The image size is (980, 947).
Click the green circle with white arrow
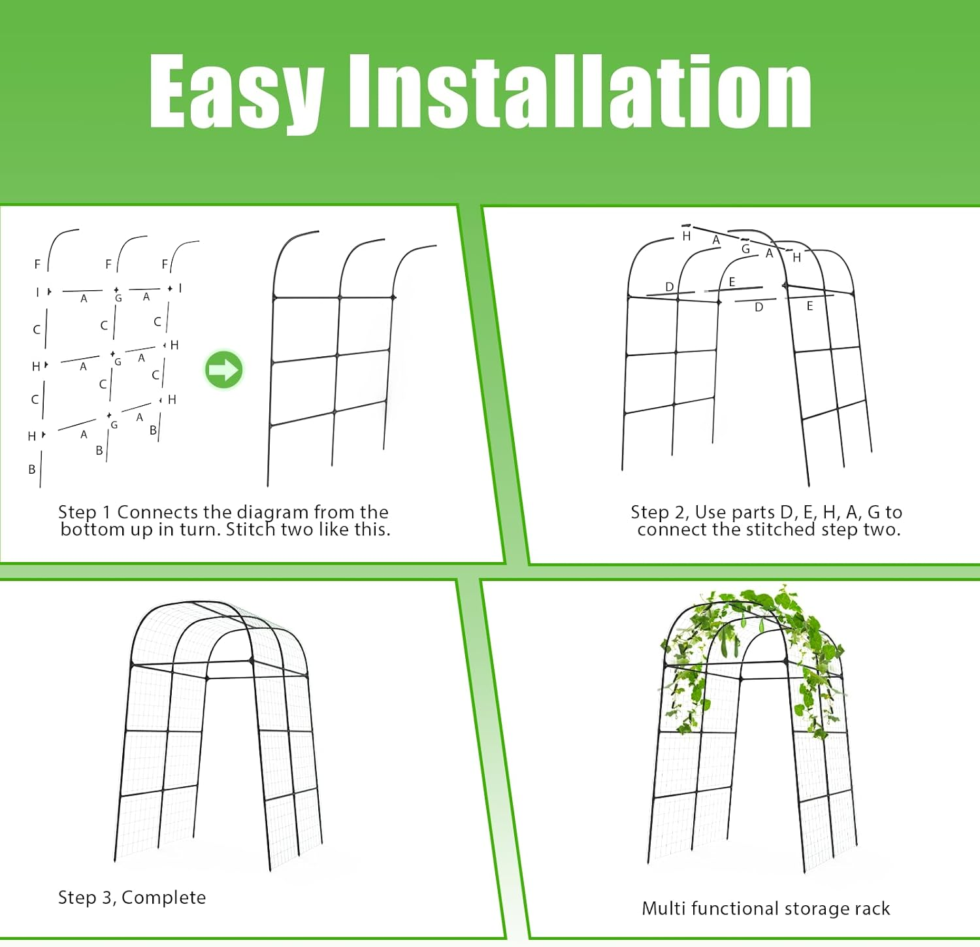224,370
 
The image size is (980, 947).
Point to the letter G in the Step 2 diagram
745,249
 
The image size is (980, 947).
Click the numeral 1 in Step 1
106,512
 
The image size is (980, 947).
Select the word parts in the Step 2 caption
753,512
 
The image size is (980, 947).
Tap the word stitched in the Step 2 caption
776,529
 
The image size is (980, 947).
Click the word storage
815,909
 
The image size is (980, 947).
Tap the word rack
874,908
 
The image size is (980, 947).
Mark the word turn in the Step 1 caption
201,529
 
